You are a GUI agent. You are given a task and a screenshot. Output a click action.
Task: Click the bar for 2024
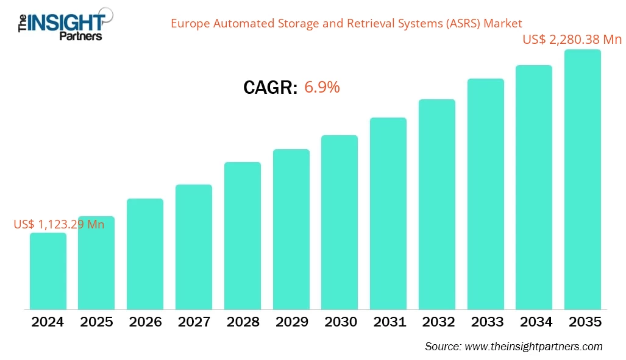(x=48, y=271)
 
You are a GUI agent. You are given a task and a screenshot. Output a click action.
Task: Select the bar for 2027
(x=194, y=247)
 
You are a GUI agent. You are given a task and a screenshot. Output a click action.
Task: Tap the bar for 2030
(x=340, y=222)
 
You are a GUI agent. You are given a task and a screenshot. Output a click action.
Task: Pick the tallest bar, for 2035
(x=582, y=180)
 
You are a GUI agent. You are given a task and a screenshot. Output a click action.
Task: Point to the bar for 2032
(x=436, y=204)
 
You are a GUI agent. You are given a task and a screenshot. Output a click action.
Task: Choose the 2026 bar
(x=145, y=254)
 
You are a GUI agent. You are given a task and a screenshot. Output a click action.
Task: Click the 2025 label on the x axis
(x=96, y=322)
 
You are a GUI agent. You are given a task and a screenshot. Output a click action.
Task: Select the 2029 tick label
(x=291, y=322)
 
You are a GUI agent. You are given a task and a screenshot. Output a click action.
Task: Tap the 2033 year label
(x=485, y=322)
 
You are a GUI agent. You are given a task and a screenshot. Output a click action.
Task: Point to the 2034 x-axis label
(x=533, y=322)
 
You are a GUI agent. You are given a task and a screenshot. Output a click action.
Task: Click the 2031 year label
(x=388, y=322)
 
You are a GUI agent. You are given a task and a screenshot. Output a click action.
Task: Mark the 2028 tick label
(x=242, y=322)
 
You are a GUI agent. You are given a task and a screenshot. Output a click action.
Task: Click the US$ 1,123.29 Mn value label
(x=59, y=224)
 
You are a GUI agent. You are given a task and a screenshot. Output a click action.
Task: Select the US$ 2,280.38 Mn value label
(x=572, y=40)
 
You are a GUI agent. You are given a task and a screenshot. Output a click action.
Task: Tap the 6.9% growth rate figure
(x=322, y=87)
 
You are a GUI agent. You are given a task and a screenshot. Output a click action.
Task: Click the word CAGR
(x=270, y=88)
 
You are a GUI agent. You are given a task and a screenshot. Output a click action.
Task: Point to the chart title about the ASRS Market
(x=346, y=24)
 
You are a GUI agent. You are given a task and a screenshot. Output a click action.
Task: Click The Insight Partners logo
(x=61, y=23)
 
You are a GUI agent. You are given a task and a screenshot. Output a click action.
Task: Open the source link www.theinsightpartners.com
(x=533, y=346)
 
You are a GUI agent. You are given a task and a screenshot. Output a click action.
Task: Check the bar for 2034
(x=533, y=187)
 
